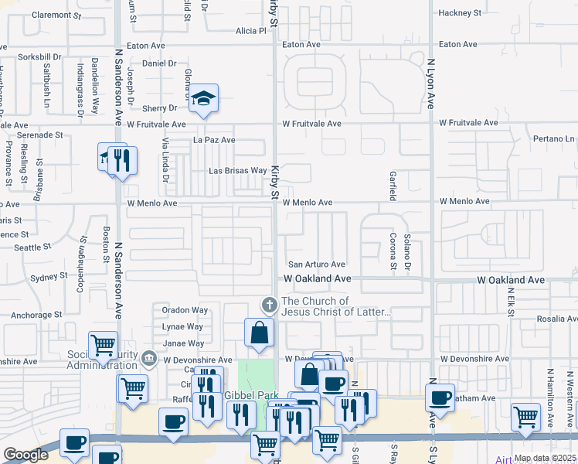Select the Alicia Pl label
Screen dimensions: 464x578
(251, 31)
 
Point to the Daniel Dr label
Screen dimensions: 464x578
(160, 63)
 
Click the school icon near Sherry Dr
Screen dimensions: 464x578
(204, 98)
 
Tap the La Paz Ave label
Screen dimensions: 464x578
(214, 140)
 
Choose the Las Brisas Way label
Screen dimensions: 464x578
(238, 171)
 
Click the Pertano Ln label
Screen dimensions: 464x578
(555, 139)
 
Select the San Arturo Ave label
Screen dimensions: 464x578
(316, 264)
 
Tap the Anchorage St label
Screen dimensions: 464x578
(36, 315)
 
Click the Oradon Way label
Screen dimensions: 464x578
(185, 310)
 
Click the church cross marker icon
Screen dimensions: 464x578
(269, 303)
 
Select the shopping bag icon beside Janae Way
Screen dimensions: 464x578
(260, 333)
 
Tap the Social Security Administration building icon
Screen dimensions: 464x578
(149, 358)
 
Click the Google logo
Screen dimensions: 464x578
(25, 455)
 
